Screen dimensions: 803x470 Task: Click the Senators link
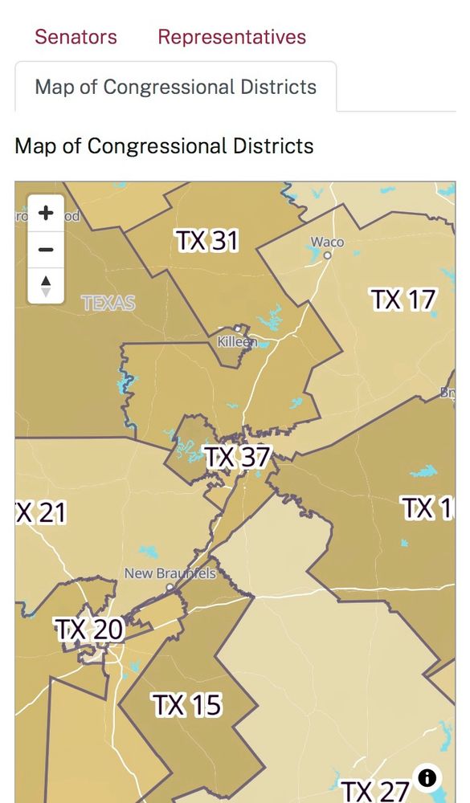(76, 37)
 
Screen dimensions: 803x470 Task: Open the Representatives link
(231, 37)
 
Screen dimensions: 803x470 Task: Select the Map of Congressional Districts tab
(175, 87)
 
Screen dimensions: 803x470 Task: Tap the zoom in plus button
(46, 214)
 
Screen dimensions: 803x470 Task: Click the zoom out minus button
(46, 250)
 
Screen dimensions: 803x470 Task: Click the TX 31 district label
(206, 241)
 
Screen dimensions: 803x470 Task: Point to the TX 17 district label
(403, 300)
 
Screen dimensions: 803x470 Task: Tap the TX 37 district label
(237, 458)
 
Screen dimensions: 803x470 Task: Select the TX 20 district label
(89, 630)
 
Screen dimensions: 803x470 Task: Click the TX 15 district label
(186, 705)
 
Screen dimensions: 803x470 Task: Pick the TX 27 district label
(375, 791)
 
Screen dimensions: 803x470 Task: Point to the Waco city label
(327, 242)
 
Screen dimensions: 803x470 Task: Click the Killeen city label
(237, 341)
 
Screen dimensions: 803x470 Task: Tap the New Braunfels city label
(170, 573)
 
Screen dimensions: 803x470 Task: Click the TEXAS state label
(108, 304)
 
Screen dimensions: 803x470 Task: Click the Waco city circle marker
(328, 255)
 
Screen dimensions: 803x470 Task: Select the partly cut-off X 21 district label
(40, 512)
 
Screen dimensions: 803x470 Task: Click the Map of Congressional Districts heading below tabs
(164, 146)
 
